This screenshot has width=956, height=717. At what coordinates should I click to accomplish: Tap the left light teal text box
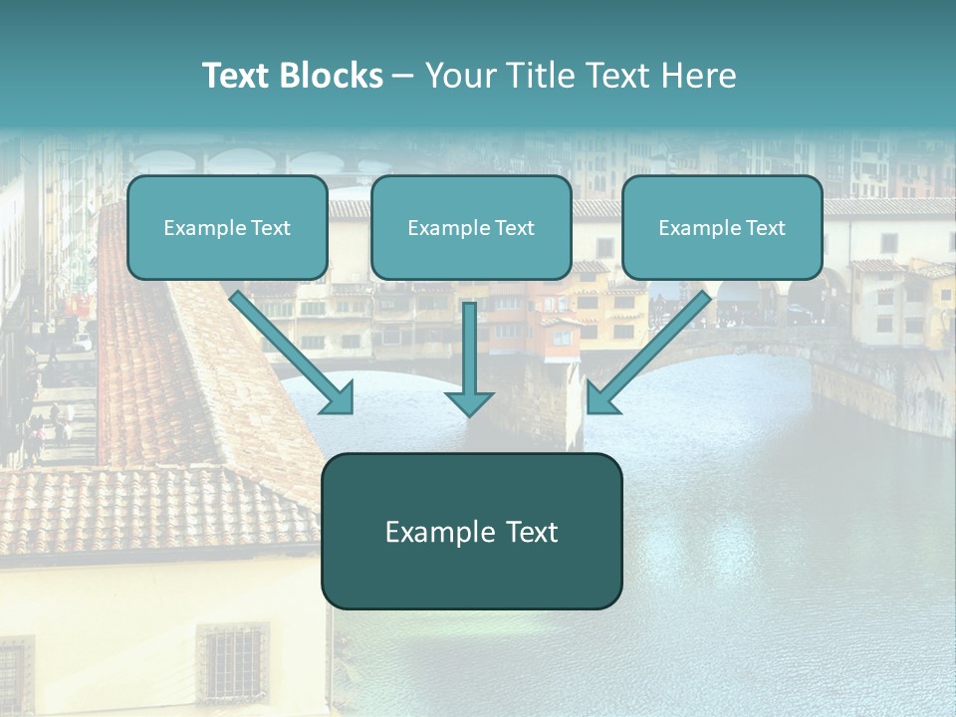click(x=227, y=227)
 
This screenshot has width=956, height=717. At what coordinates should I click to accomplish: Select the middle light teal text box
click(x=471, y=227)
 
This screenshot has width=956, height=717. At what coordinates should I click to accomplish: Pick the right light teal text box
click(x=722, y=227)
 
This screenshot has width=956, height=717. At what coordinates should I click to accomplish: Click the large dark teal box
click(x=471, y=531)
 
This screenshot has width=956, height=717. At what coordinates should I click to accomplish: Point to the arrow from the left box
click(x=289, y=349)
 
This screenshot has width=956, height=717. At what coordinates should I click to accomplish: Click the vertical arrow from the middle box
click(x=469, y=349)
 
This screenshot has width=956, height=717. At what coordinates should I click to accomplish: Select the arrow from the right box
click(x=652, y=349)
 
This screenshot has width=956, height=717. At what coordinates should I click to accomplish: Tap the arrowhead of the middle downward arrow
click(x=469, y=402)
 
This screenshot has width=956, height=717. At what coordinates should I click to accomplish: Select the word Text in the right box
click(x=765, y=228)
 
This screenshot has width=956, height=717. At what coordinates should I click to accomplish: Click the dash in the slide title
click(x=403, y=77)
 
